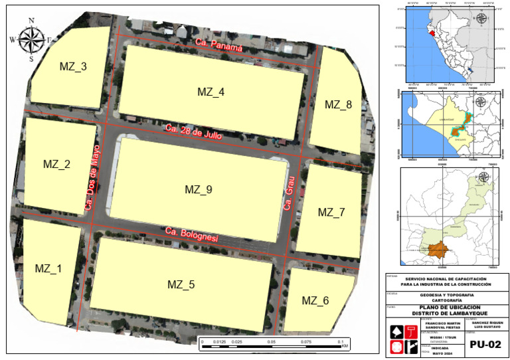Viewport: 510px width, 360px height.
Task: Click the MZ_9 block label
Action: click(x=198, y=190)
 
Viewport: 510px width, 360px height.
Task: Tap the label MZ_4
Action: click(x=211, y=92)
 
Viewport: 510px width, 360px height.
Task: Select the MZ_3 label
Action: click(x=73, y=66)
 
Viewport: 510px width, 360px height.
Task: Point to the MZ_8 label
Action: click(x=338, y=104)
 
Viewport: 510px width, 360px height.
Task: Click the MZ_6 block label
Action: click(x=315, y=300)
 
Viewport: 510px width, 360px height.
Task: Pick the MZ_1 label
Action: click(x=48, y=268)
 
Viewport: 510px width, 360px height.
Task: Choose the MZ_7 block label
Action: click(x=331, y=213)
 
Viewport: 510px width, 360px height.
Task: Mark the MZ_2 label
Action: click(x=56, y=164)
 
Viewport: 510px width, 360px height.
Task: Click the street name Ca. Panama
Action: click(x=219, y=46)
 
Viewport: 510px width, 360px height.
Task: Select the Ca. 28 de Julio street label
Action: click(x=193, y=131)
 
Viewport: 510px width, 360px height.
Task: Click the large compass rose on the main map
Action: click(x=31, y=39)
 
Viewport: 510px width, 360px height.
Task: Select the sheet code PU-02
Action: click(x=485, y=345)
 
